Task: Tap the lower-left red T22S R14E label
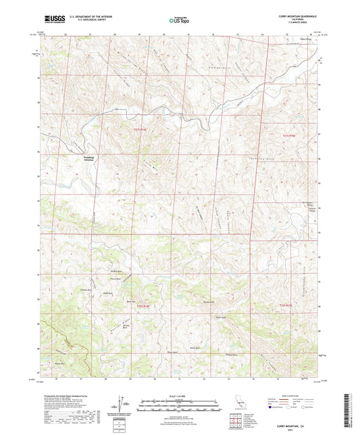[146, 306]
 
